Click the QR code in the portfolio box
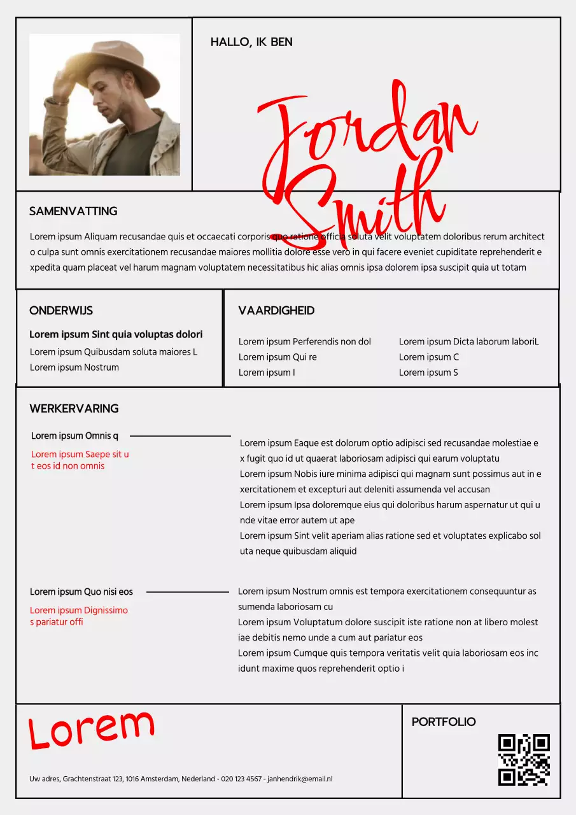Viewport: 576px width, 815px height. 524,760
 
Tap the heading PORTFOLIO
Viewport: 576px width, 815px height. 444,722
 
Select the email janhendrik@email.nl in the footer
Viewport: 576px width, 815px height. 300,779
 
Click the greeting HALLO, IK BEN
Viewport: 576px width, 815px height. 251,42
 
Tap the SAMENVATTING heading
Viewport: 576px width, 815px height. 73,211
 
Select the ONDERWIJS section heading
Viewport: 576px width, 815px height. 61,311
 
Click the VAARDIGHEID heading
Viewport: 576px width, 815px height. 276,311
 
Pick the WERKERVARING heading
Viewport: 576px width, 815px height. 74,409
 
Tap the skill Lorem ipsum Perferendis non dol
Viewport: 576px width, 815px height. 304,342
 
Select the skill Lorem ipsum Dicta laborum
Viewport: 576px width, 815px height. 468,342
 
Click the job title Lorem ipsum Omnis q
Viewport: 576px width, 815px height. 74,436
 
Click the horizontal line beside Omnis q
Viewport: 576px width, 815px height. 180,436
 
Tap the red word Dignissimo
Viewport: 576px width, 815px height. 106,611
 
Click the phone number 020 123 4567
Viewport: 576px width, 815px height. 241,779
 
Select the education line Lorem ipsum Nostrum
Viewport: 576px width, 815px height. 74,367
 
